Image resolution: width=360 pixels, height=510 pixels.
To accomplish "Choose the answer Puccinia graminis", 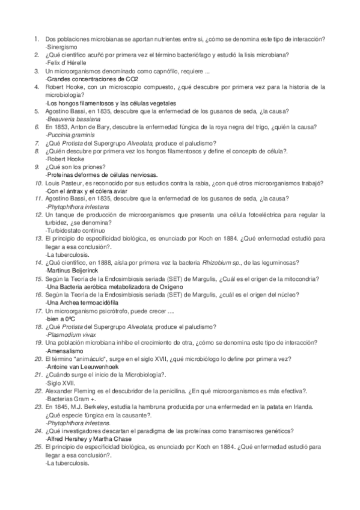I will point(70,137).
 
